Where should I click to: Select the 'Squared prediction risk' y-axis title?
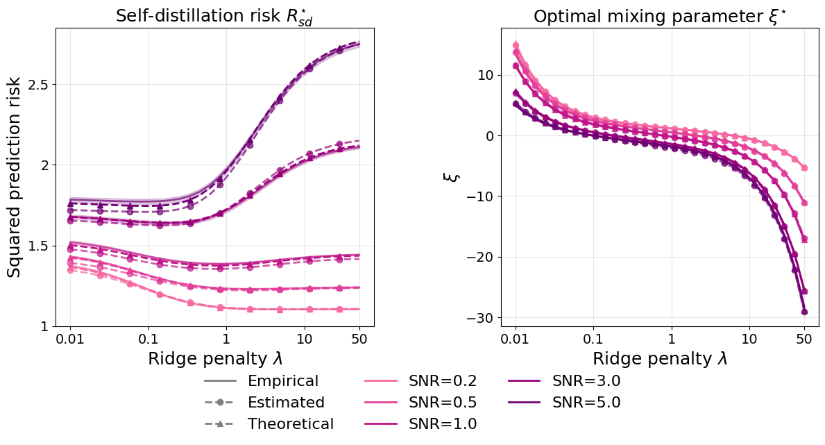pyautogui.click(x=15, y=178)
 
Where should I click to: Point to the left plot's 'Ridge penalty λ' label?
pyautogui.click(x=214, y=359)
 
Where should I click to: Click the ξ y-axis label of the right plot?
pyautogui.click(x=449, y=178)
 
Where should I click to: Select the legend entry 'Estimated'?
pyautogui.click(x=285, y=403)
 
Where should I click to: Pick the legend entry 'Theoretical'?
pyautogui.click(x=290, y=424)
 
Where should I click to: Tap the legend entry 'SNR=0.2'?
pyautogui.click(x=442, y=381)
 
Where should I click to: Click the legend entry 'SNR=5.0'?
pyautogui.click(x=586, y=403)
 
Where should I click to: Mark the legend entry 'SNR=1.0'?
pyautogui.click(x=442, y=424)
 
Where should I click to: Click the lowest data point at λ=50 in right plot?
pyautogui.click(x=804, y=312)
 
